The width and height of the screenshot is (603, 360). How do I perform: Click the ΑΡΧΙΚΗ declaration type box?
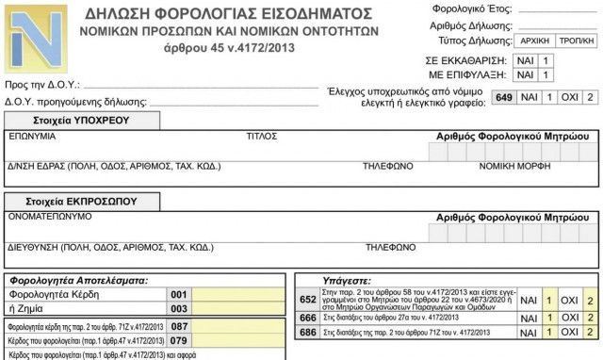pos(534,41)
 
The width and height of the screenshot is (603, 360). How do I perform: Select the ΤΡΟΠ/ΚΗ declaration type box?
pos(576,41)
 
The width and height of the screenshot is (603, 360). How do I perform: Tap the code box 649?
pos(503,97)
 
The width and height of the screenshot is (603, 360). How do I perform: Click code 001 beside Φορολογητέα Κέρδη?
pos(180,294)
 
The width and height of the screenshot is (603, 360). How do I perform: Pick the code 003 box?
pos(180,308)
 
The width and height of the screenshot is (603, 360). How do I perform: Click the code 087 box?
pos(180,325)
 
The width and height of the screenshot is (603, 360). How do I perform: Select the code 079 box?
pos(180,339)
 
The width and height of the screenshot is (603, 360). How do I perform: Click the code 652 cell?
pos(307,301)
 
